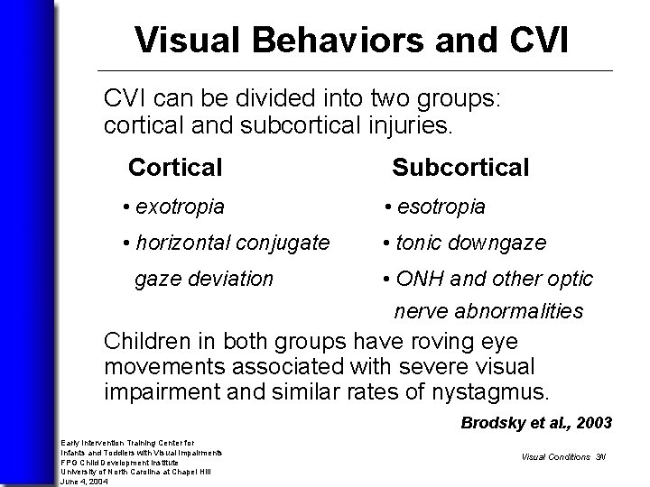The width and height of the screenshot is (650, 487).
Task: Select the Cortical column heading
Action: [x=175, y=168]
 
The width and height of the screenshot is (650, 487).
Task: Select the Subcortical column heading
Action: [x=460, y=168]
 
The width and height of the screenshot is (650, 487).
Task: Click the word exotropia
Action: [x=180, y=207]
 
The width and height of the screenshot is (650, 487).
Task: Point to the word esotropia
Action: [x=441, y=207]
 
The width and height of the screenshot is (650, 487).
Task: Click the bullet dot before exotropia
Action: [x=127, y=207]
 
